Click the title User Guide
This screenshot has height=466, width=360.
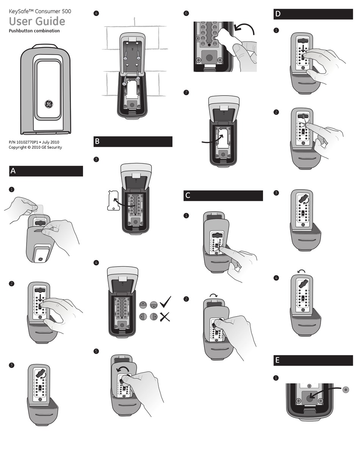[37, 21]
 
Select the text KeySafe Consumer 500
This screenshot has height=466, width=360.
[40, 11]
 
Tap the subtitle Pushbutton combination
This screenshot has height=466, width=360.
[34, 31]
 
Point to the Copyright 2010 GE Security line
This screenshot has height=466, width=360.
[35, 147]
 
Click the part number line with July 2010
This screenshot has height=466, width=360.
[34, 142]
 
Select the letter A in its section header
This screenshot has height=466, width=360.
[13, 171]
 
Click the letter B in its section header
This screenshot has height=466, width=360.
[97, 141]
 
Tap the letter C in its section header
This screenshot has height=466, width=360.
[188, 196]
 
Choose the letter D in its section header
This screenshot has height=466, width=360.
[278, 14]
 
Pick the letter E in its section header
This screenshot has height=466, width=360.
[277, 360]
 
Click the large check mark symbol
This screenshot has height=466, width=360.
[165, 301]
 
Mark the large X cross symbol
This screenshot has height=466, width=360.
[164, 317]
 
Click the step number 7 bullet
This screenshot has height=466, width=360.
[186, 92]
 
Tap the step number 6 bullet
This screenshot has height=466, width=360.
[186, 13]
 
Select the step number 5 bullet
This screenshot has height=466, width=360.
[96, 351]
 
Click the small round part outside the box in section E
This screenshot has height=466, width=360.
[345, 389]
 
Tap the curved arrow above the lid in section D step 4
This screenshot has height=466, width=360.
[302, 271]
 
